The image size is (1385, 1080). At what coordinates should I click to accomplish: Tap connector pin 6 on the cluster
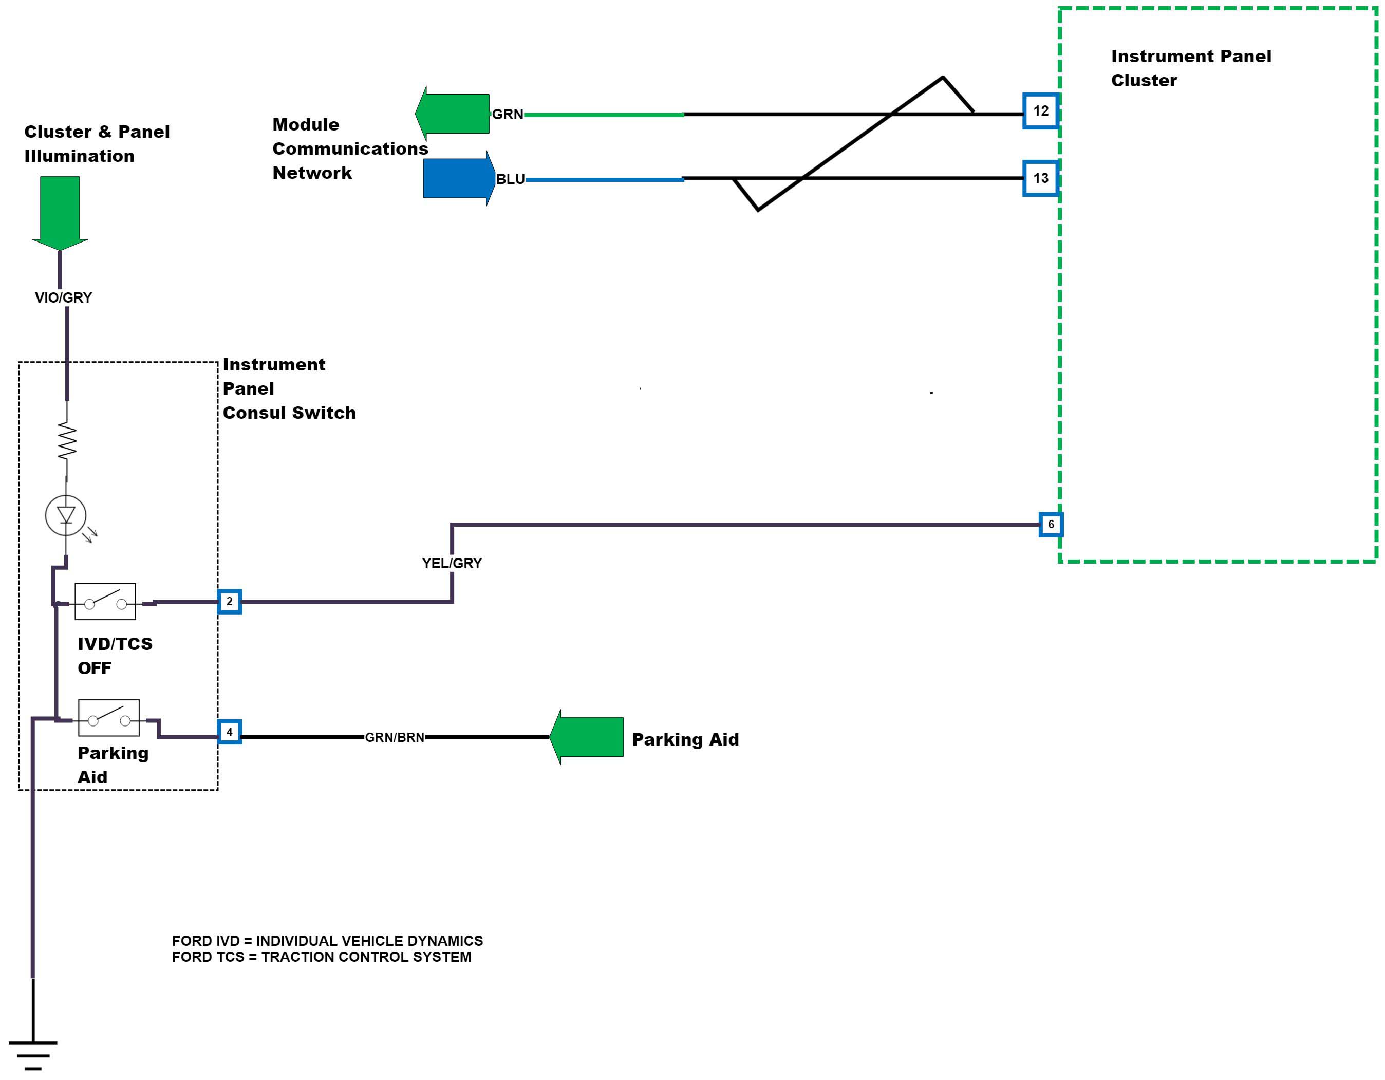click(1050, 525)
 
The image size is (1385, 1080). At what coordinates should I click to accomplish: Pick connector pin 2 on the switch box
click(230, 601)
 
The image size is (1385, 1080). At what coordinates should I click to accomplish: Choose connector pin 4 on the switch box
click(230, 732)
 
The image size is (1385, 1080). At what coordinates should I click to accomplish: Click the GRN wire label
click(508, 114)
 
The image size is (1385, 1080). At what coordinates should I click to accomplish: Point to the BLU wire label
click(511, 179)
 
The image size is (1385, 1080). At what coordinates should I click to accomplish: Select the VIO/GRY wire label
click(63, 297)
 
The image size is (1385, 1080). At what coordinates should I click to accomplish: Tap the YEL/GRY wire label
click(452, 563)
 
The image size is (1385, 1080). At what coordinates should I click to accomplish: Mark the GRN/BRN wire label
click(395, 737)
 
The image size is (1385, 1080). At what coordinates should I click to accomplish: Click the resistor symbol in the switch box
click(67, 441)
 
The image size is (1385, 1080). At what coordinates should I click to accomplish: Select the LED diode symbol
click(66, 515)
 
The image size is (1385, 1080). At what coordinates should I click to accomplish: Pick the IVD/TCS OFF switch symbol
click(105, 601)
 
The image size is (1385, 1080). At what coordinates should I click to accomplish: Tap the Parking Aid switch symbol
click(108, 718)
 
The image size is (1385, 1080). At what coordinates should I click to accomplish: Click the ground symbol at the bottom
click(33, 1053)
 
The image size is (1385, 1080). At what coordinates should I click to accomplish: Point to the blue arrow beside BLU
click(458, 178)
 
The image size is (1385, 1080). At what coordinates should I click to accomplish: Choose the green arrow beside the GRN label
click(453, 114)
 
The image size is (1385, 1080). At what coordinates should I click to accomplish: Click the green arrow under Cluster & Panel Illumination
click(60, 212)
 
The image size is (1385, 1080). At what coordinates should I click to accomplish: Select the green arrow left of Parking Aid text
click(587, 737)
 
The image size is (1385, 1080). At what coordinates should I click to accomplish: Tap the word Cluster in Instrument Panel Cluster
click(1144, 81)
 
